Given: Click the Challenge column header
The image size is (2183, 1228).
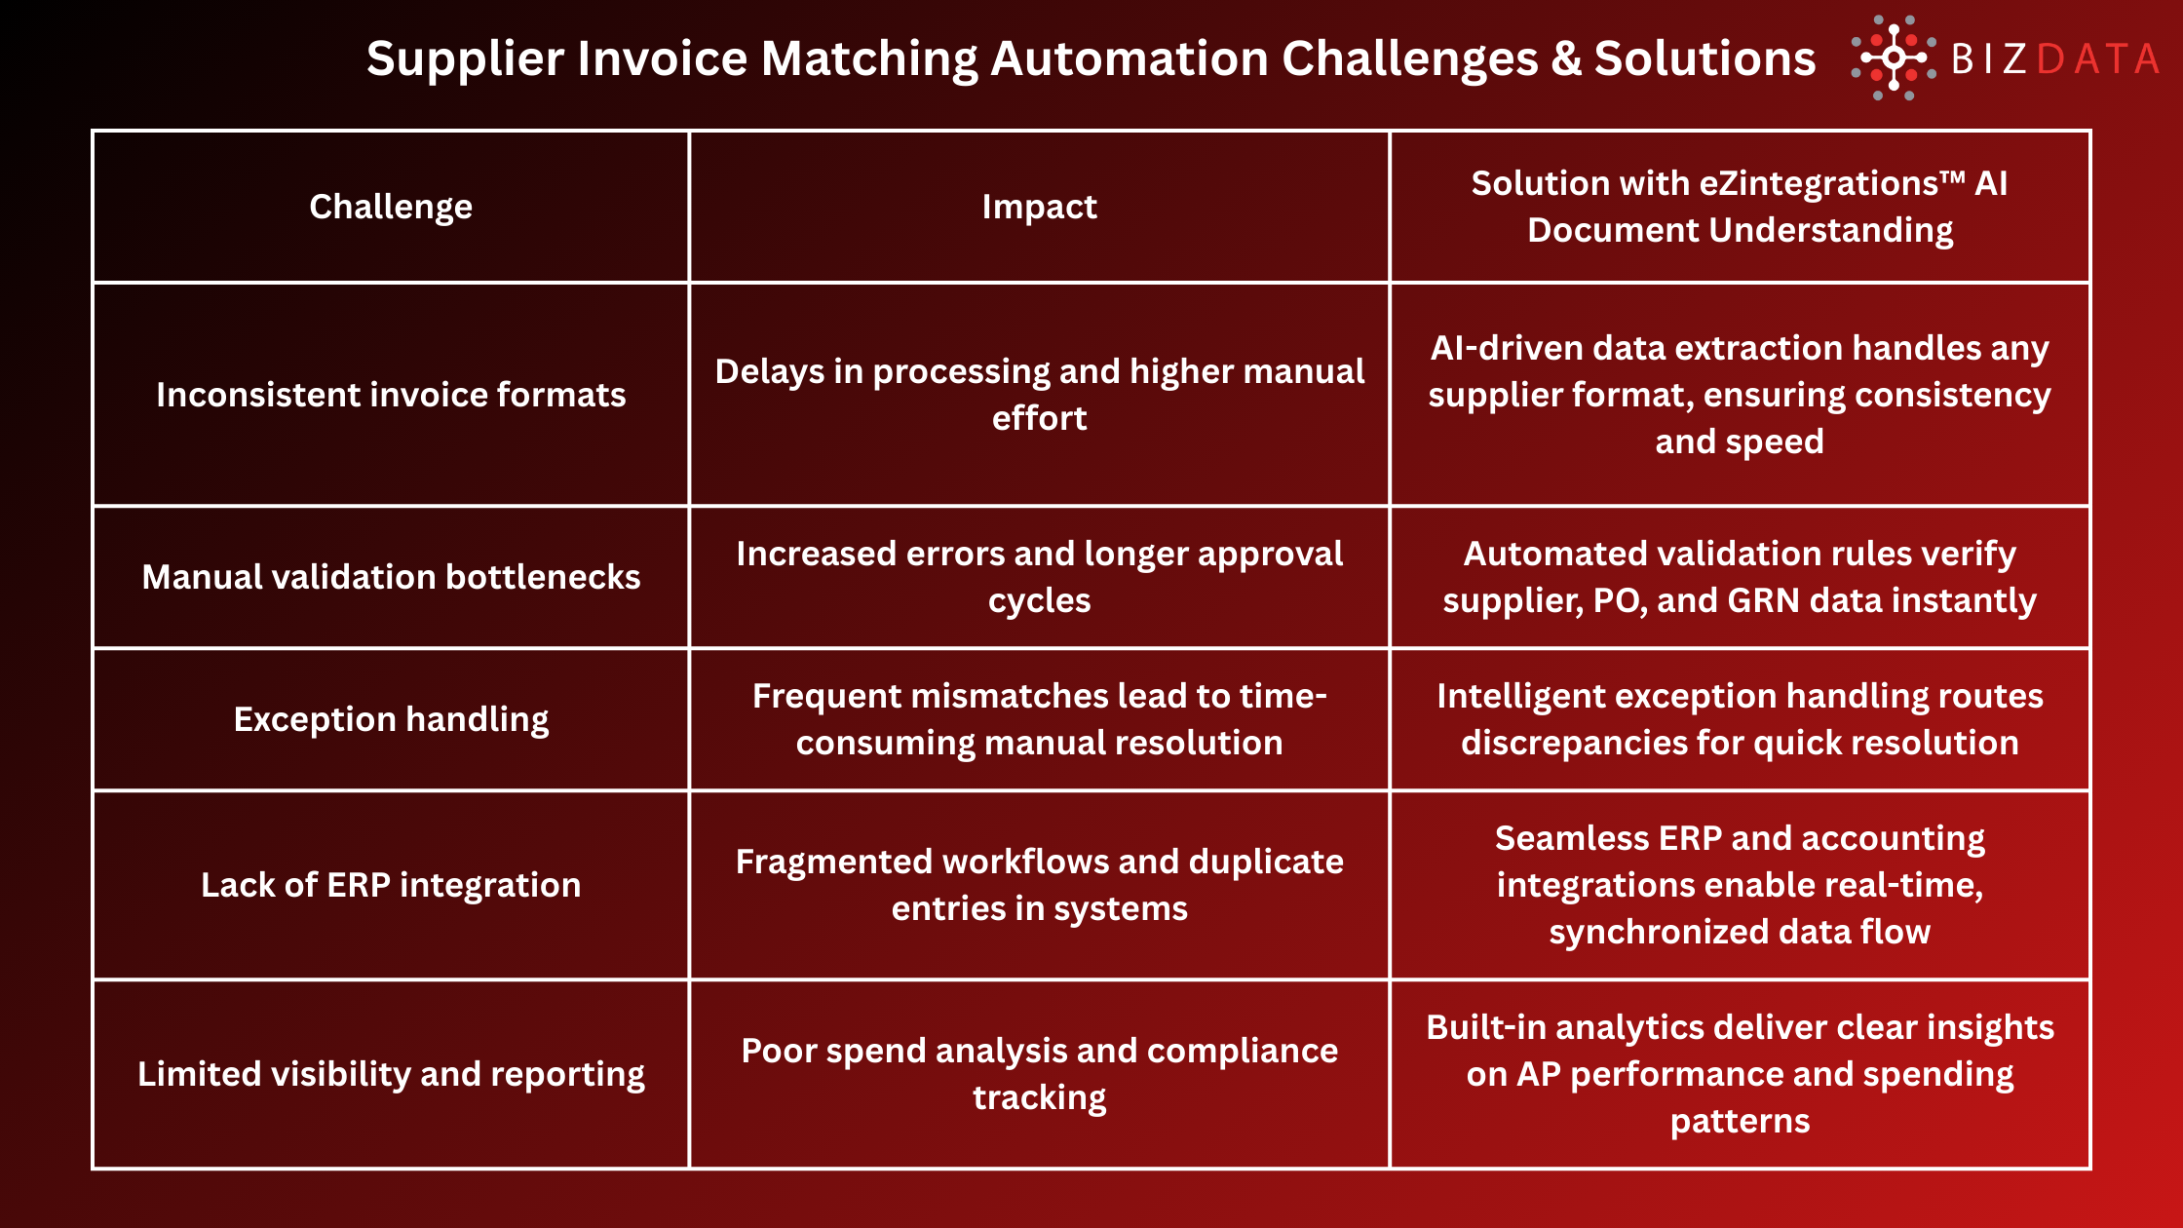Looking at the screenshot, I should (391, 207).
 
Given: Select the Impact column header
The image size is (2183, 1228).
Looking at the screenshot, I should (1039, 207).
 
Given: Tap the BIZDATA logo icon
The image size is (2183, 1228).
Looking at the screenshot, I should (1893, 58).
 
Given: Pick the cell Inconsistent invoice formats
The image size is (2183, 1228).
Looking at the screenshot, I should (391, 395).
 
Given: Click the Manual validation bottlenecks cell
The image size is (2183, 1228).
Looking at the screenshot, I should (391, 577).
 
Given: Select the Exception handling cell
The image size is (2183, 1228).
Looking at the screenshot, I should (391, 719).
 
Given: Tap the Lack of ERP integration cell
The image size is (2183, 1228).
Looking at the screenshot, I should (391, 885).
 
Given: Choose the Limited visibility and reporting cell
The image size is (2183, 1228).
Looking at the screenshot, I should (391, 1074).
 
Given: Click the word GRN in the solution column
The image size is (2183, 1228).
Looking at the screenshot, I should (1763, 600).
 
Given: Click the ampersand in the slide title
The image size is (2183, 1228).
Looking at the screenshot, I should (1566, 58).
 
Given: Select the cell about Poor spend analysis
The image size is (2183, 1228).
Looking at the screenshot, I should (1039, 1074).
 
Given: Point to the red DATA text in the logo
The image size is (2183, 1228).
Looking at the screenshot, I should (2097, 59).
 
